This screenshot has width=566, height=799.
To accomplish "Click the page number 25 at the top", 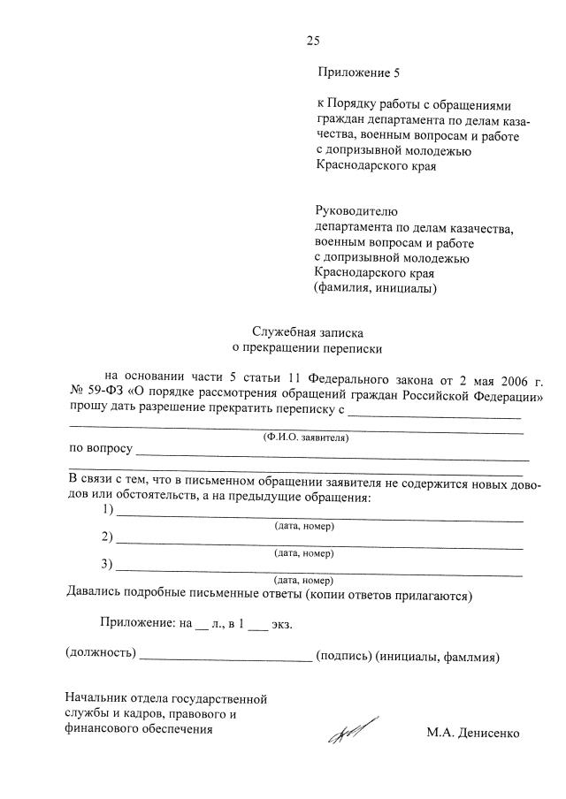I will [x=312, y=39].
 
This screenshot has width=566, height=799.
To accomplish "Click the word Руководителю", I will [x=357, y=211].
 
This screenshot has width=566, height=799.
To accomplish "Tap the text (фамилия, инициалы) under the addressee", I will [x=375, y=287].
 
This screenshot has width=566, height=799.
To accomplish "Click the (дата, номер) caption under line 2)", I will [x=304, y=553].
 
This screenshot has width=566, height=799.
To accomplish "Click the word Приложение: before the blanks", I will [x=137, y=623].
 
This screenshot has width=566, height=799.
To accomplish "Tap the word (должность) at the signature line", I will [x=101, y=657].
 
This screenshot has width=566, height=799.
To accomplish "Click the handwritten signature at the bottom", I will [x=351, y=732].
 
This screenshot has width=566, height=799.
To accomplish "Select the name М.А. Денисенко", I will [x=472, y=733].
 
